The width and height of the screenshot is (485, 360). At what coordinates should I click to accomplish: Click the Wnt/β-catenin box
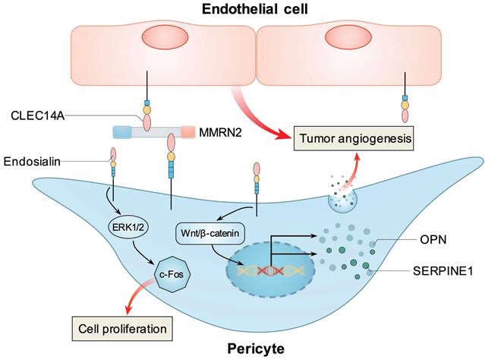[203, 233]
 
